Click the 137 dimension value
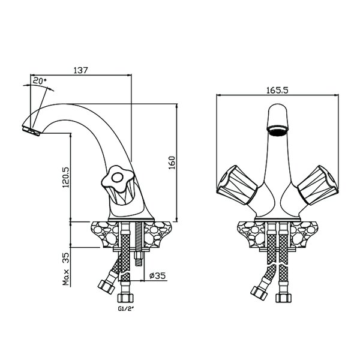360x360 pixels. pos(80,70)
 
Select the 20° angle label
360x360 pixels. pos(40,80)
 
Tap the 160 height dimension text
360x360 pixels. pos(172,163)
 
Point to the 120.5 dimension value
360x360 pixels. pos(65,177)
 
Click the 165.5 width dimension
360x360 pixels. pos(277,90)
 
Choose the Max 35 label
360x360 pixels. pos(65,269)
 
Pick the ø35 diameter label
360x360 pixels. pos(157,275)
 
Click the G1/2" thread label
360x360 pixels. pos(126,309)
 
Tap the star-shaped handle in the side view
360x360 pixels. pos(118,178)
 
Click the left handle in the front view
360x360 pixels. pos(237,185)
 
